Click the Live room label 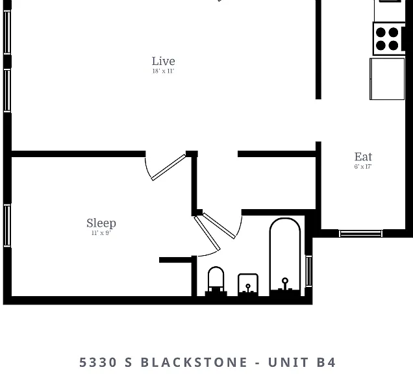(x=163, y=61)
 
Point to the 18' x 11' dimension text (x=163, y=71)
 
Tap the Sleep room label (x=101, y=223)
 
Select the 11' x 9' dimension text (x=101, y=233)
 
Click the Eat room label (x=363, y=157)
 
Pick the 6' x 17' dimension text (x=363, y=166)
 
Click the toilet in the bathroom (x=216, y=281)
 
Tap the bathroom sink (x=248, y=285)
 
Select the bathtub (x=285, y=257)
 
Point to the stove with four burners (x=389, y=39)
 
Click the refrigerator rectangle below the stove (x=387, y=79)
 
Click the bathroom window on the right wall (x=308, y=271)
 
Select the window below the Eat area (x=360, y=233)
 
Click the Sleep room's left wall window (x=7, y=226)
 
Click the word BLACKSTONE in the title (x=194, y=362)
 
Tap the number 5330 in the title (x=97, y=362)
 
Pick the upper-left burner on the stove (x=381, y=32)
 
